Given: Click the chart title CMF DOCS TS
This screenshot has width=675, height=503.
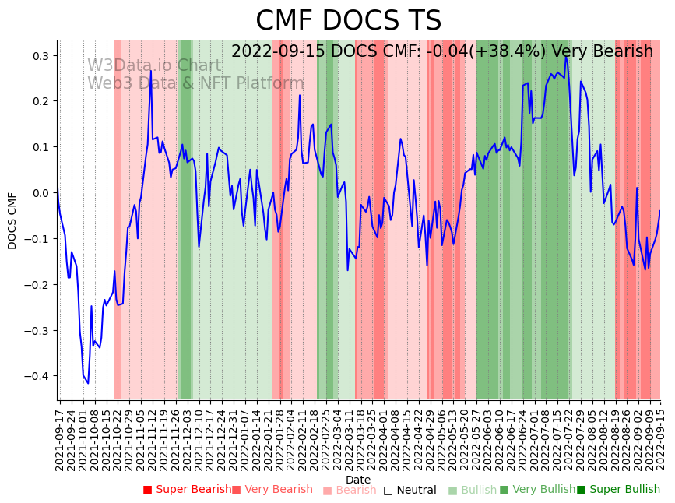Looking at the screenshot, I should pyautogui.click(x=348, y=21).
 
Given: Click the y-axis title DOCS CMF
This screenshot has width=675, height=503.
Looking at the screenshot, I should pyautogui.click(x=12, y=220).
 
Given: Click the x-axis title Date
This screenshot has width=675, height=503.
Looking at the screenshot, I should pyautogui.click(x=358, y=480).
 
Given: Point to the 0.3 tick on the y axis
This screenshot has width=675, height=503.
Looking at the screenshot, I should pyautogui.click(x=40, y=56).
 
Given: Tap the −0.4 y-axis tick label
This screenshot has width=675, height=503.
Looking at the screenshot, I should pyautogui.click(x=37, y=376).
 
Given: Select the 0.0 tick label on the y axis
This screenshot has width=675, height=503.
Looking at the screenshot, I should pyautogui.click(x=40, y=193).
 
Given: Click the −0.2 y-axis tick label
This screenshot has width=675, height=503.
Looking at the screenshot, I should pyautogui.click(x=37, y=285).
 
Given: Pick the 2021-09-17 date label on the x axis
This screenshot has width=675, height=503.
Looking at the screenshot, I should pyautogui.click(x=60, y=436).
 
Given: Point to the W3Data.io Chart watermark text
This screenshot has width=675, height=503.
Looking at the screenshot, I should pyautogui.click(x=154, y=65).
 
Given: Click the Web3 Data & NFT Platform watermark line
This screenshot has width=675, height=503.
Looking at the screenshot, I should pyautogui.click(x=195, y=83).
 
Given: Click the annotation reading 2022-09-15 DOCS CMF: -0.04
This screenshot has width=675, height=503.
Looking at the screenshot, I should pyautogui.click(x=441, y=51).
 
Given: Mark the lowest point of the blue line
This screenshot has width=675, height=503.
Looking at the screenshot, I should pyautogui.click(x=88, y=383).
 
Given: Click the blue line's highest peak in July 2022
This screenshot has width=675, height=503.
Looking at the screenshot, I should pyautogui.click(x=566, y=56).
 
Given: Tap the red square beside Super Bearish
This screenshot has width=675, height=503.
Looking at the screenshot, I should pyautogui.click(x=147, y=490).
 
